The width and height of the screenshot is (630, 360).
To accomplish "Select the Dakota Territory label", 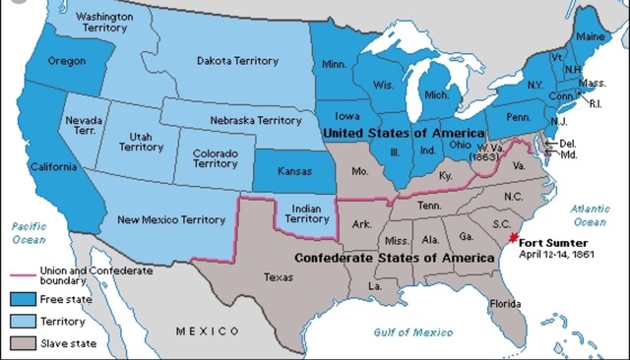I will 237,61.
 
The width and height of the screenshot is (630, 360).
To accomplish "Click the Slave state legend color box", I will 24,343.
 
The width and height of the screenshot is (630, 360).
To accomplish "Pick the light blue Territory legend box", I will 24,320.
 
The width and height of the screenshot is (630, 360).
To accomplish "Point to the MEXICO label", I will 209,331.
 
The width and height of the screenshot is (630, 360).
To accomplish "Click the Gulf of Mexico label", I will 412,332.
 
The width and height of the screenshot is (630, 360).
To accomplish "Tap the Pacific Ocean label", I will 29,232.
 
